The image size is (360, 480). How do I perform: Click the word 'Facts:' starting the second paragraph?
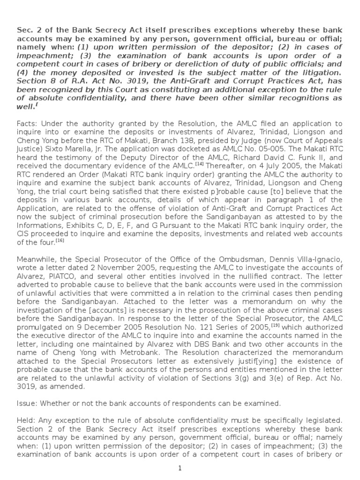click(27, 123)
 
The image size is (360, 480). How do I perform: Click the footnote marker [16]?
click(60, 240)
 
